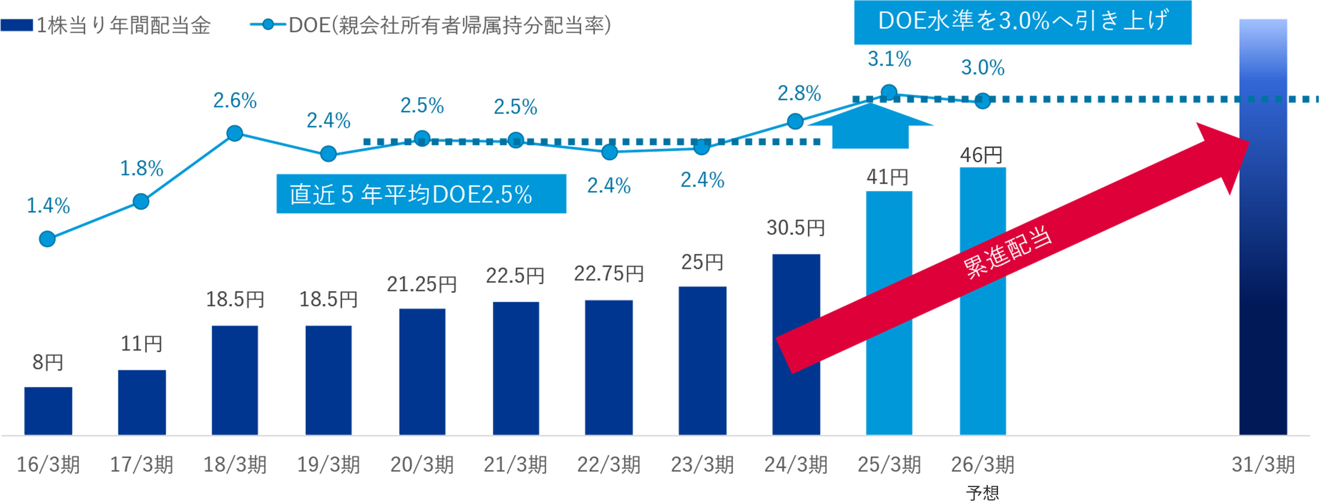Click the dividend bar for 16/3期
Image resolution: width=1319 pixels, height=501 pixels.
pyautogui.click(x=48, y=410)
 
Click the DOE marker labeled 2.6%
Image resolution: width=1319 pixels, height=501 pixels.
pyautogui.click(x=234, y=133)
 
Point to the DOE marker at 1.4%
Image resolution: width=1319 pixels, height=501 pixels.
pyautogui.click(x=47, y=238)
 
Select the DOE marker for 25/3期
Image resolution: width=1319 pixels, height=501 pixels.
pyautogui.click(x=888, y=93)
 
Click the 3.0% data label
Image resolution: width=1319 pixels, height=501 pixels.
pyautogui.click(x=982, y=68)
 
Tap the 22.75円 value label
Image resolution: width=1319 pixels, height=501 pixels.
pyautogui.click(x=608, y=274)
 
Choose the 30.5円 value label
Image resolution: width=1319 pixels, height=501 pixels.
pyautogui.click(x=795, y=228)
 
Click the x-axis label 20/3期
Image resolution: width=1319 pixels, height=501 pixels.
pyautogui.click(x=421, y=465)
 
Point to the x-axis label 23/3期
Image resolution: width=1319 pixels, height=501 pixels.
pyautogui.click(x=702, y=465)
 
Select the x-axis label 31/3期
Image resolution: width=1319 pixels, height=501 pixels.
pyautogui.click(x=1262, y=465)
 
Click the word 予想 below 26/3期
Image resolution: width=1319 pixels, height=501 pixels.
pyautogui.click(x=982, y=492)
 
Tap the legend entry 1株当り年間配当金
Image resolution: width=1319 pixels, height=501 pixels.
pyautogui.click(x=123, y=25)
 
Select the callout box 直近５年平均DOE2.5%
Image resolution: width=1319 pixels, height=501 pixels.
pyautogui.click(x=421, y=194)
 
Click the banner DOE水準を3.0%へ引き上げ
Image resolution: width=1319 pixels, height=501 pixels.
pyautogui.click(x=1022, y=22)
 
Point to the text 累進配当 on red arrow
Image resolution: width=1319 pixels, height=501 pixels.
pyautogui.click(x=1007, y=252)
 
